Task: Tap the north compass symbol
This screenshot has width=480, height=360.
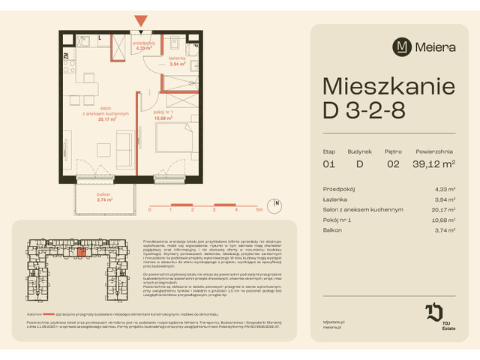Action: (x=276, y=203)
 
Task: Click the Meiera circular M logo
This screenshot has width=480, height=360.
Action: (x=403, y=46)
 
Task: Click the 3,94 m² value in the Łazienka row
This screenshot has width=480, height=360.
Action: (x=445, y=199)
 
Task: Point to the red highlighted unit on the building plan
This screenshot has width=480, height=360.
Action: (x=80, y=253)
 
